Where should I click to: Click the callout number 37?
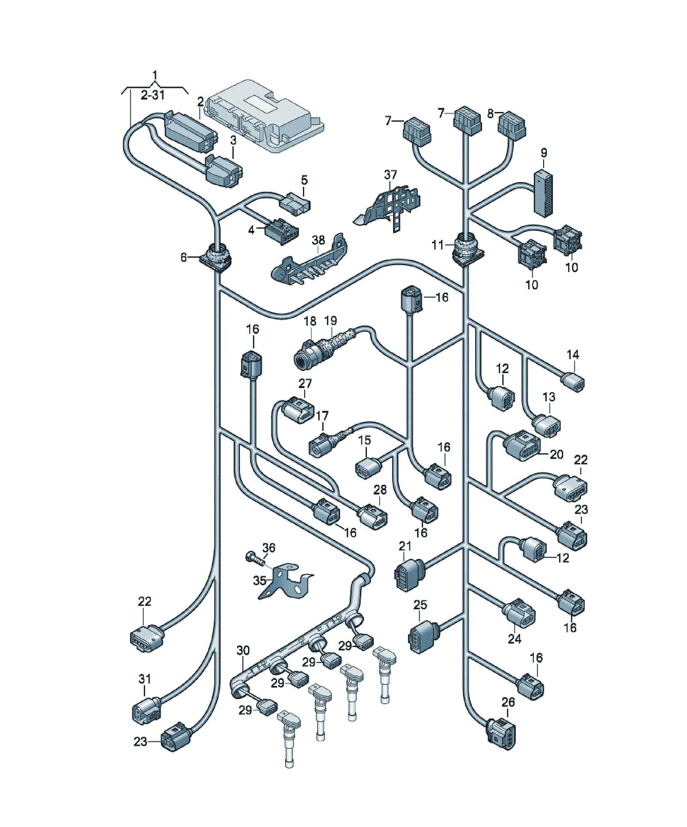coord(390,174)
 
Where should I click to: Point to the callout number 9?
coord(543,153)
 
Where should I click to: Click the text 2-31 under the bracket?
coord(153,95)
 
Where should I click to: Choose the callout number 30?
coord(243,650)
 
